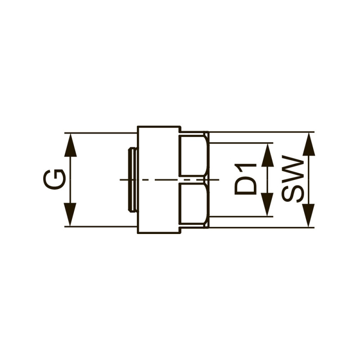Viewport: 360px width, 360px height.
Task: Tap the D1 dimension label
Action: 245,179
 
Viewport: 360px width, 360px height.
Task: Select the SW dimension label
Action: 292,180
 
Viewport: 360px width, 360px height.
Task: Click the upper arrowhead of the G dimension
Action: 70,145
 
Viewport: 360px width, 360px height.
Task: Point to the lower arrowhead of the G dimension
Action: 70,215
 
